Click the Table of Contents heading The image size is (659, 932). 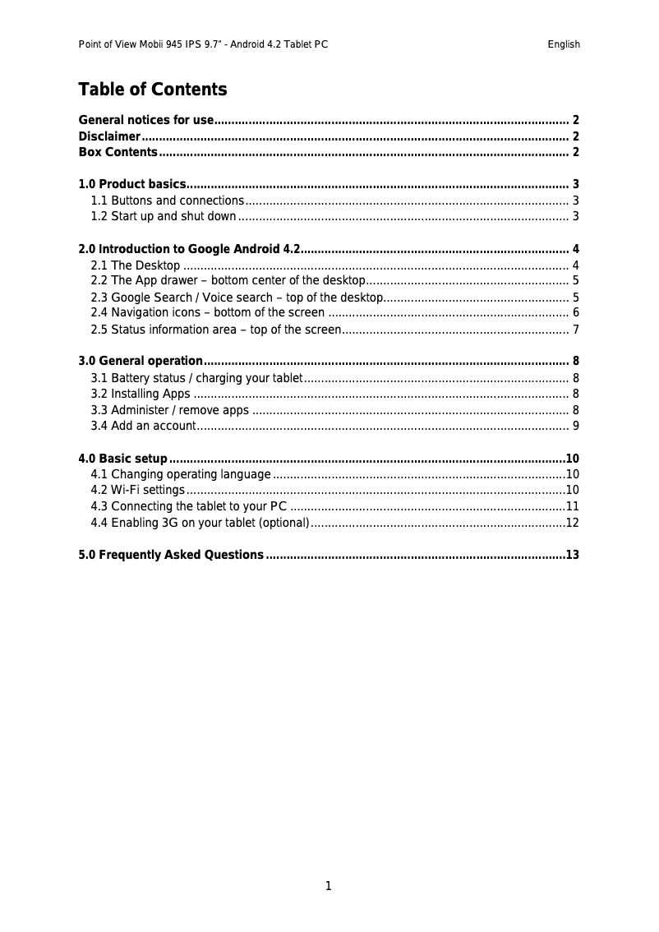pyautogui.click(x=152, y=90)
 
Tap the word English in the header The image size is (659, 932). pyautogui.click(x=564, y=44)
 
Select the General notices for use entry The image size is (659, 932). pyautogui.click(x=146, y=120)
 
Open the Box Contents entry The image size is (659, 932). pyautogui.click(x=118, y=153)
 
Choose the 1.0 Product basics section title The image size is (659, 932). pyautogui.click(x=131, y=184)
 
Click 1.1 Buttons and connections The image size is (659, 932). pyautogui.click(x=167, y=201)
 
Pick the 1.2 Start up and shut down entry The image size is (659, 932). pyautogui.click(x=164, y=217)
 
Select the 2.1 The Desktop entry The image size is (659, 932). pyautogui.click(x=136, y=265)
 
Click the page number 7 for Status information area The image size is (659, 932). pyautogui.click(x=576, y=330)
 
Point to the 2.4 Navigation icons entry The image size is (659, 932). pyautogui.click(x=207, y=313)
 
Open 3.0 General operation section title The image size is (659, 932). pyautogui.click(x=140, y=362)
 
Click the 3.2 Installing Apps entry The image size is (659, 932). pyautogui.click(x=141, y=394)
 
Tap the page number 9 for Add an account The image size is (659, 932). pyautogui.click(x=576, y=426)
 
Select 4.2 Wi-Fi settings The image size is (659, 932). pyautogui.click(x=137, y=491)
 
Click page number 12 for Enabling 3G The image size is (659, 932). pyautogui.click(x=573, y=523)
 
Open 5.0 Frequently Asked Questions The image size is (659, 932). pyautogui.click(x=170, y=556)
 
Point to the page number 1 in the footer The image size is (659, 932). pyautogui.click(x=329, y=886)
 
